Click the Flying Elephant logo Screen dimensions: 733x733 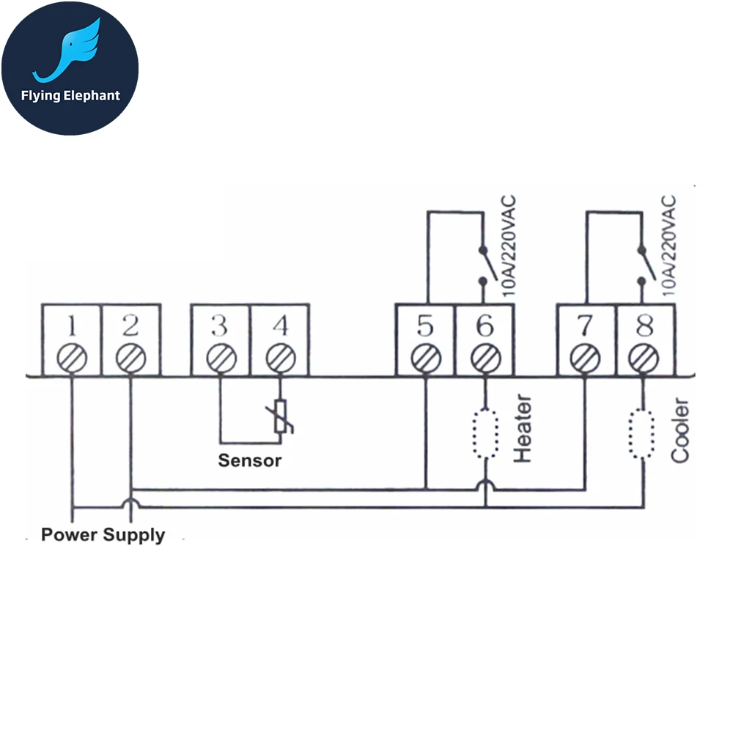[x=70, y=67]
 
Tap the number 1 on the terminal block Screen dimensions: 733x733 [x=72, y=325]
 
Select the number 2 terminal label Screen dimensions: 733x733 [x=130, y=325]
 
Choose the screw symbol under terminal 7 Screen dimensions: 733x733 [x=586, y=358]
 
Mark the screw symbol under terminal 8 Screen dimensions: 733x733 [x=644, y=358]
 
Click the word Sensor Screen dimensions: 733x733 [x=249, y=461]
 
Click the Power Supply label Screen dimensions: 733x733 [x=103, y=534]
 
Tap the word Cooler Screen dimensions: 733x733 [x=680, y=430]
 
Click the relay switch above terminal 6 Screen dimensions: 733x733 [x=484, y=264]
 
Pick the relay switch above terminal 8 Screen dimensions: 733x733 [x=643, y=264]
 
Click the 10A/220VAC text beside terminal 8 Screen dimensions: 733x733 [x=668, y=246]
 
